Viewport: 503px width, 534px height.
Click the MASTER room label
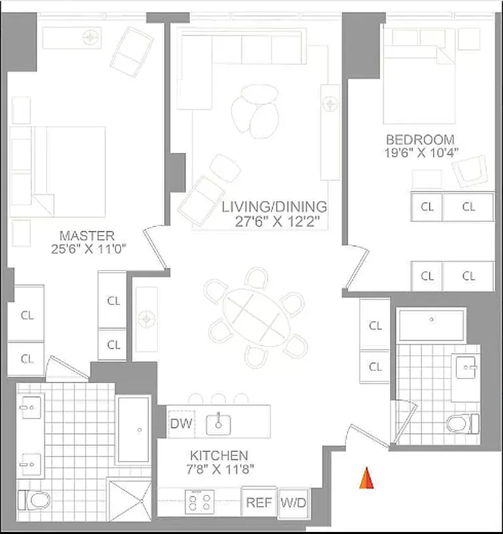(x=87, y=236)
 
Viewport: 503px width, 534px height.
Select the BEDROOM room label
(x=420, y=140)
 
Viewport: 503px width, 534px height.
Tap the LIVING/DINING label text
(x=274, y=206)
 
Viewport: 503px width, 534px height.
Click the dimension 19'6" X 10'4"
(x=420, y=153)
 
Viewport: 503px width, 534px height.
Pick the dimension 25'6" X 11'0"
(x=87, y=248)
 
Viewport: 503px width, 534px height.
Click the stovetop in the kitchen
(x=198, y=501)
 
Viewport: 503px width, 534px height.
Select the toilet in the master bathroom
(x=30, y=499)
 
